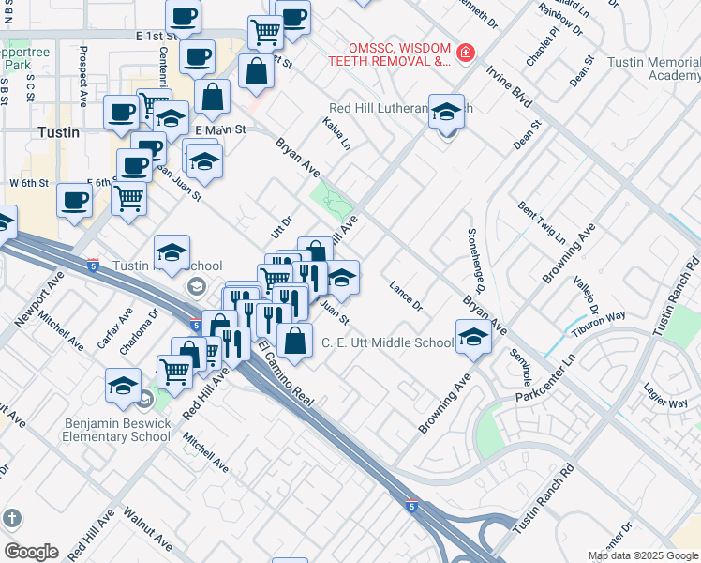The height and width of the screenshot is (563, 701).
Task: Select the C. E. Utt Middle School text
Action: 387,343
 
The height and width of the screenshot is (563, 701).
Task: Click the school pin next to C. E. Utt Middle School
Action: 474,338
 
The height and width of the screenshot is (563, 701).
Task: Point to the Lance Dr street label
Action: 407,296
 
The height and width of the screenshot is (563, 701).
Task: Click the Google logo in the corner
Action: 30,552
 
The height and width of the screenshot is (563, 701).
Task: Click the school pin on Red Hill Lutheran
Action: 447,113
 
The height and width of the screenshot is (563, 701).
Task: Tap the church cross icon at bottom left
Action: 11,518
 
